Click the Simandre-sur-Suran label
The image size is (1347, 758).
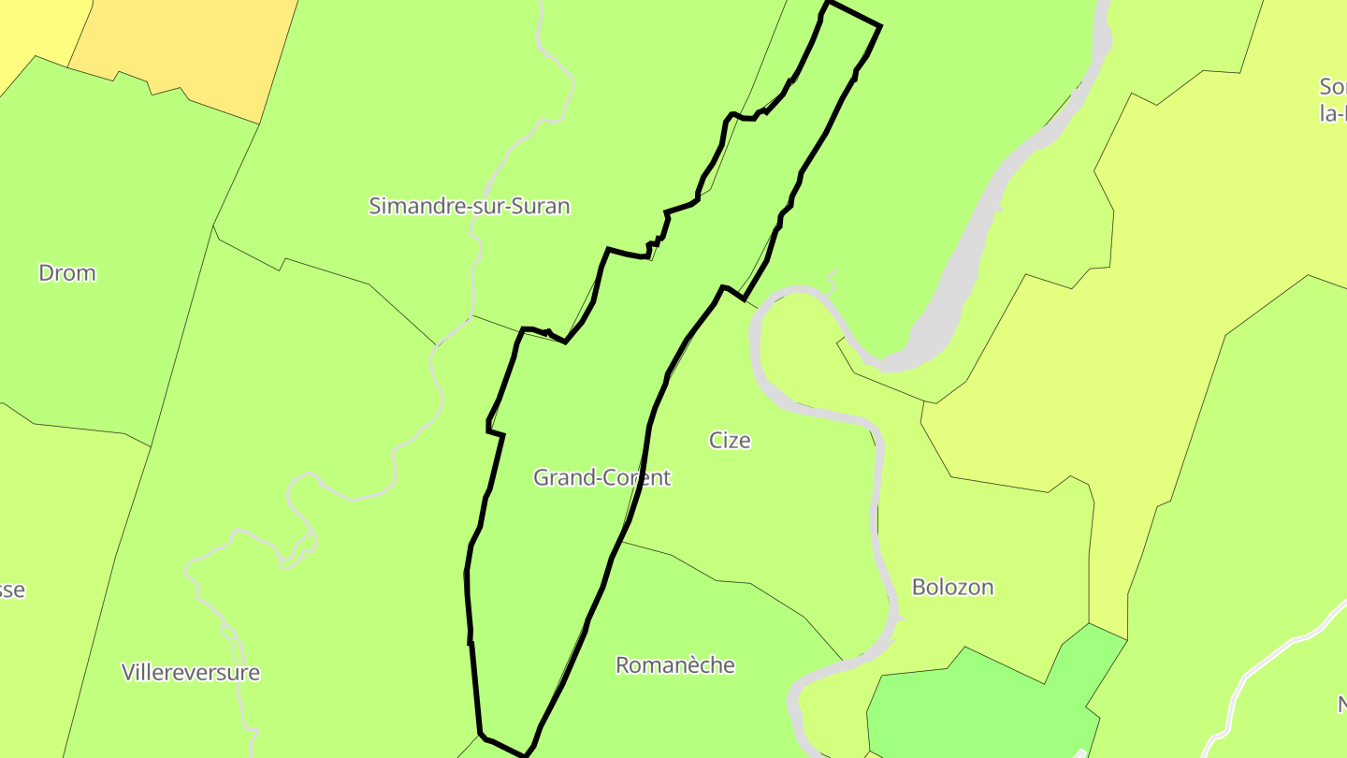coord(469,206)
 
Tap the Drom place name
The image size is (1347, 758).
coord(66,273)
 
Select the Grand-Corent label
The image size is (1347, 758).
coord(601,477)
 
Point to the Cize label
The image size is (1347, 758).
coord(730,440)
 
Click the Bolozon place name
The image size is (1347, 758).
coord(952,588)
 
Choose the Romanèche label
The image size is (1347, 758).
coord(674,665)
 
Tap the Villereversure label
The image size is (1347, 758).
coord(191,672)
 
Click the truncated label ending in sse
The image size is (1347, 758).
coord(11,590)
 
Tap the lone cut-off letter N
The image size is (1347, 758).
coord(1340,704)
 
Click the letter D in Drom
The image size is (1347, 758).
coord(46,273)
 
